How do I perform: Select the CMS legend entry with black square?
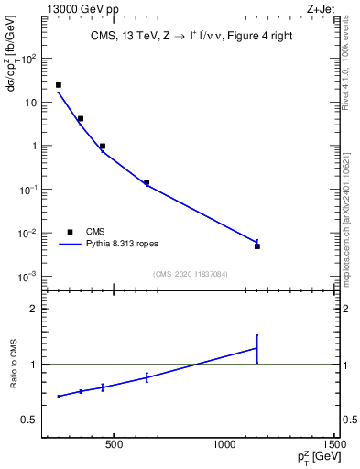pyautogui.click(x=70, y=232)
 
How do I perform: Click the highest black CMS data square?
pyautogui.click(x=59, y=85)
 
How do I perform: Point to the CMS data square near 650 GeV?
pyautogui.click(x=147, y=182)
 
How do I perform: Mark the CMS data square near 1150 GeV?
pyautogui.click(x=257, y=246)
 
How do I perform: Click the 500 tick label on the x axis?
pyautogui.click(x=114, y=446)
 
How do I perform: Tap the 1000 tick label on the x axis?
pyautogui.click(x=224, y=446)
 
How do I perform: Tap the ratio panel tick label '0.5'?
pyautogui.click(x=32, y=420)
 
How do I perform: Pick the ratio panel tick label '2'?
pyautogui.click(x=37, y=309)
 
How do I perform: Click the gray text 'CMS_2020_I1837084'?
pyautogui.click(x=190, y=274)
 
